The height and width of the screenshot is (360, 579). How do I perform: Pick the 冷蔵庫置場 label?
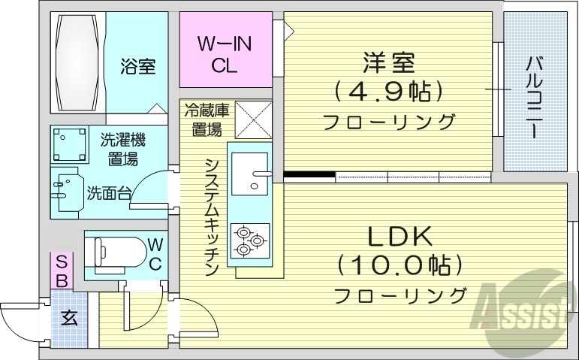click(207, 119)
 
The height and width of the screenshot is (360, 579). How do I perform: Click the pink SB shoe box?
click(62, 271)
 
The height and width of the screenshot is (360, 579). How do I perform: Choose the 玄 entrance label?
click(69, 318)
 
